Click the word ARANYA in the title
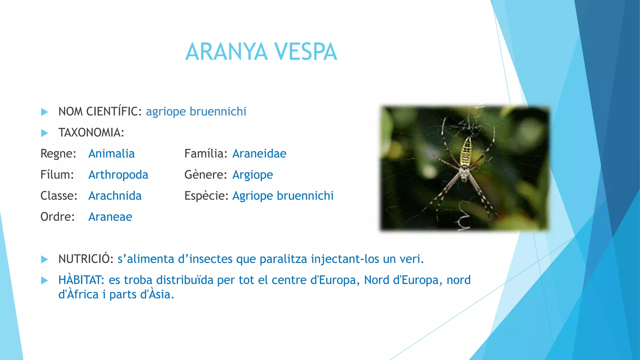click(x=227, y=52)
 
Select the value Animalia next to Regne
click(x=112, y=154)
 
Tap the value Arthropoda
click(x=118, y=175)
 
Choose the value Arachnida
click(x=115, y=196)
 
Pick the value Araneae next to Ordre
click(x=110, y=217)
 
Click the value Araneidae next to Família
click(x=259, y=154)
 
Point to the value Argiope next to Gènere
click(x=252, y=175)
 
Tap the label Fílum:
click(x=57, y=175)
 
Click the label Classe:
click(x=59, y=196)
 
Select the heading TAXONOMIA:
click(x=91, y=133)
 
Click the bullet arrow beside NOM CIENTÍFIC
click(x=45, y=112)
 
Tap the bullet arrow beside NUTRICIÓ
click(x=45, y=259)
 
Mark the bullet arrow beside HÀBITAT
click(x=45, y=280)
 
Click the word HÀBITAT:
click(x=81, y=280)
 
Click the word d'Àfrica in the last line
click(x=78, y=295)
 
